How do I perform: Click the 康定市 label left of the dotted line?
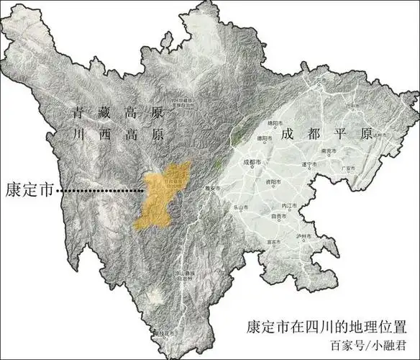29,190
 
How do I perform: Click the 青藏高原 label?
119,114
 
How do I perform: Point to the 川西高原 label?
119,134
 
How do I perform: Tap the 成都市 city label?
255,162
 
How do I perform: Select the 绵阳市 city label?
277,124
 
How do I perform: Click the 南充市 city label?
329,152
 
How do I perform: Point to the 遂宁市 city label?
310,165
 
